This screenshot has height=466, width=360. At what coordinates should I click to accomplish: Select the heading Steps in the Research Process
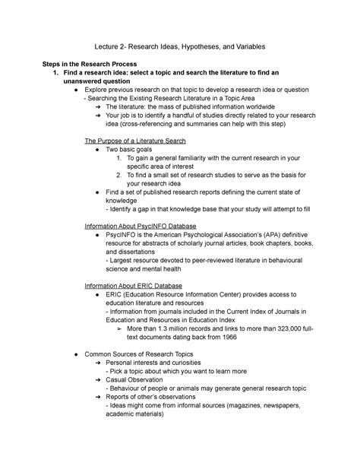(93, 63)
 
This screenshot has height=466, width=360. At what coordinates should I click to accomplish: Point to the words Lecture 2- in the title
(112, 47)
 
